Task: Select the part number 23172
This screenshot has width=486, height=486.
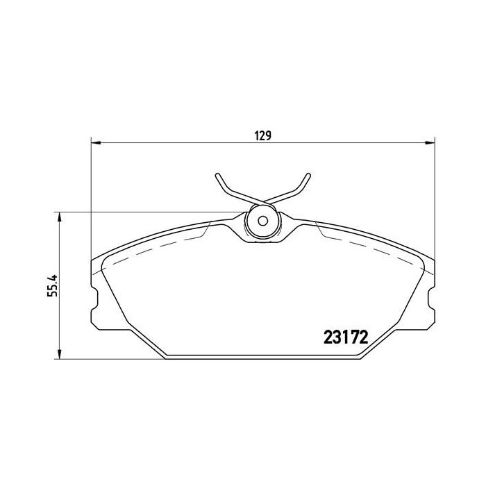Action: point(345,337)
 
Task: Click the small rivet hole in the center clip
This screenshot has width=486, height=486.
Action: point(262,222)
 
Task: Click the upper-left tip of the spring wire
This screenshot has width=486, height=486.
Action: point(217,174)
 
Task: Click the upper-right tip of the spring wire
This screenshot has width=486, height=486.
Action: point(307,174)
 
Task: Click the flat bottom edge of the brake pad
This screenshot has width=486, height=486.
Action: point(262,358)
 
